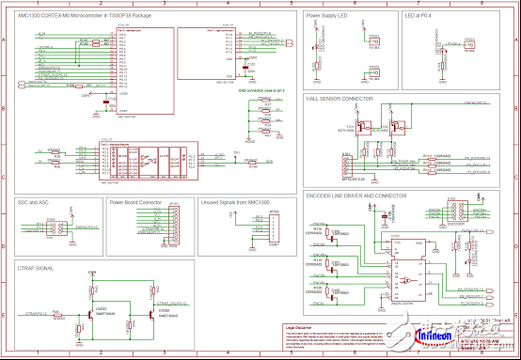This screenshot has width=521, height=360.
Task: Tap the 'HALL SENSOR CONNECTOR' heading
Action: [339, 98]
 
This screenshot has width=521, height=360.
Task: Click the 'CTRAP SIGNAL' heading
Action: [35, 268]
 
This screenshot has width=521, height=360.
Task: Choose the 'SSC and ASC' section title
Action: [33, 202]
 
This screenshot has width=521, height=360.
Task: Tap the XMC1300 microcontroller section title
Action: [77, 16]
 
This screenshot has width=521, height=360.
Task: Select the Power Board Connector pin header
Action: [176, 227]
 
